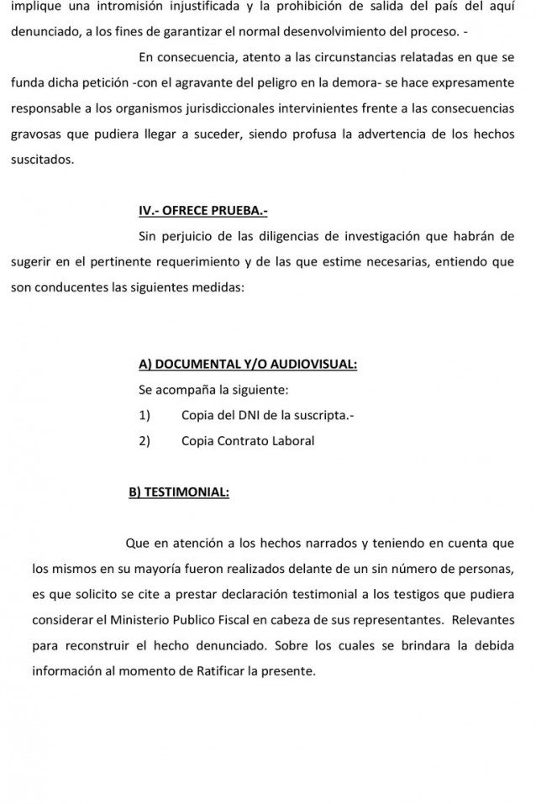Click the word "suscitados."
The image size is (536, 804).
coord(43,159)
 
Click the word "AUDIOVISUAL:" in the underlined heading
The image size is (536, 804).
coord(315,364)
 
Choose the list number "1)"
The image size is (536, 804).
coord(145,415)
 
